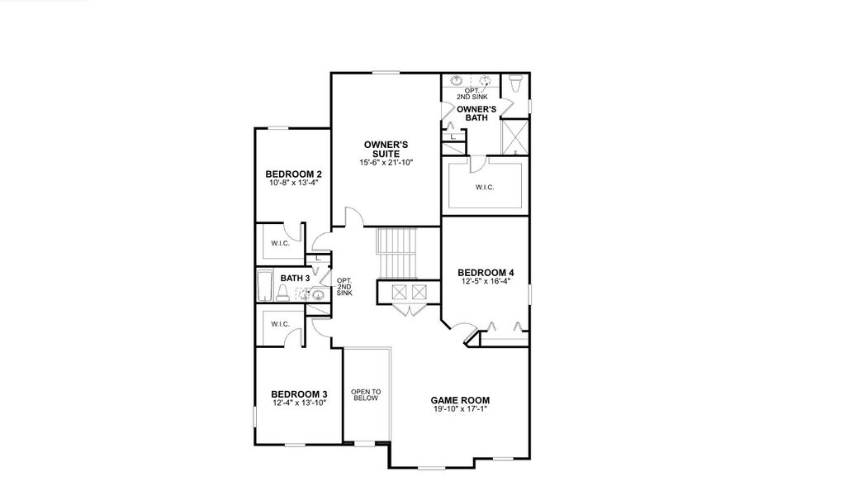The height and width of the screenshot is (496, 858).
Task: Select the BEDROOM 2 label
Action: tap(293, 174)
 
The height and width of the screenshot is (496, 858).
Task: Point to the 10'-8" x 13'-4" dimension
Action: tap(293, 183)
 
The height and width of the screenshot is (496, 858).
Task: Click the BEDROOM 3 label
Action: tap(300, 393)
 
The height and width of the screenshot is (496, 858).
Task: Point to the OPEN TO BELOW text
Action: tap(365, 394)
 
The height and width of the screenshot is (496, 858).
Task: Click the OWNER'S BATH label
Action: tap(476, 113)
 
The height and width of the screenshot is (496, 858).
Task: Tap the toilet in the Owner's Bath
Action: tap(515, 83)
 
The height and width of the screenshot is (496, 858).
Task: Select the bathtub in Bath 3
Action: tap(265, 286)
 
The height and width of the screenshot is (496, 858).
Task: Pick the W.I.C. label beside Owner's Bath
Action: tap(484, 187)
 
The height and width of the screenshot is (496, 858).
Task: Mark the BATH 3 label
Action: tap(295, 278)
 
